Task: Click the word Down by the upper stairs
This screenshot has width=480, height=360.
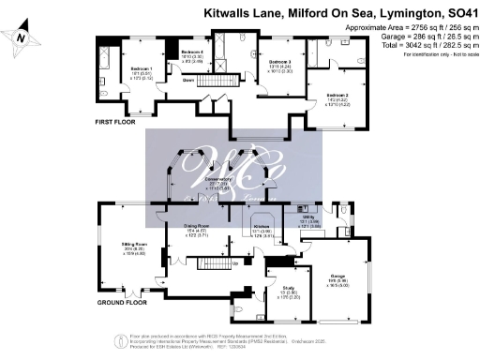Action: click(188, 81)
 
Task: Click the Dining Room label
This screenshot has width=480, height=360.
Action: click(194, 227)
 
